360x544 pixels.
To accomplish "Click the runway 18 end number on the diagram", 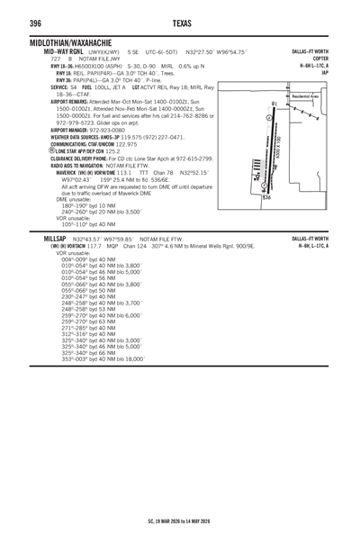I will pyautogui.click(x=274, y=105).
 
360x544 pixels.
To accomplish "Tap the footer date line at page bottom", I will pyautogui.click(x=179, y=521).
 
